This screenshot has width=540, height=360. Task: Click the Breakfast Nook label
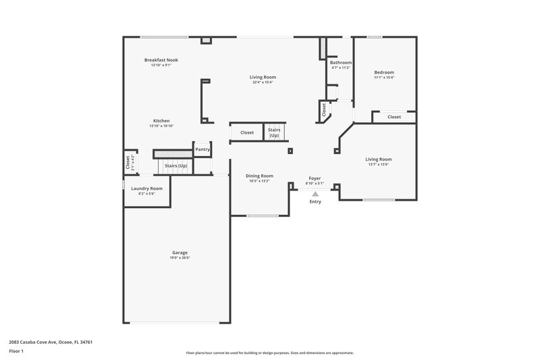point(161,60)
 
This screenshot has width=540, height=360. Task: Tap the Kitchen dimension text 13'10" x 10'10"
point(161,126)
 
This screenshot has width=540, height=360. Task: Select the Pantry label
point(202,149)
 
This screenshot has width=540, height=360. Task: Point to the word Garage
point(180,253)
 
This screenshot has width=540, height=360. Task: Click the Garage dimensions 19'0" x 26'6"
point(180,258)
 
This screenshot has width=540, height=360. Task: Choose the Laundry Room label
point(146,188)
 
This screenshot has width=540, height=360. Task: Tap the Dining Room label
point(259,176)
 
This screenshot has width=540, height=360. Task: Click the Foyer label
point(315,178)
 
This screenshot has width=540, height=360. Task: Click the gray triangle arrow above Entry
point(315,194)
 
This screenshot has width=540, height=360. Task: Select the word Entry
point(315,201)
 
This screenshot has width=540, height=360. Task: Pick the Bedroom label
point(384,72)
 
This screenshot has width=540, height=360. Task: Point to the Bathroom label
point(341,63)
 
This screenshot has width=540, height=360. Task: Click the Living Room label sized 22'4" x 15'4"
point(263,77)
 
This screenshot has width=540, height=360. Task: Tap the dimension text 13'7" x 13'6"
point(379,164)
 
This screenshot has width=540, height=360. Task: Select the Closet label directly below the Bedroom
point(394,117)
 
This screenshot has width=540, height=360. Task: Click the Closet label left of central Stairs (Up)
point(247,132)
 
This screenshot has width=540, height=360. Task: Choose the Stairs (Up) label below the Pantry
point(176,165)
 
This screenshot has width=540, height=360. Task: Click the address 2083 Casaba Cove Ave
point(51,342)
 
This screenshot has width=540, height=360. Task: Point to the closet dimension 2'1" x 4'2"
point(132,162)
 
